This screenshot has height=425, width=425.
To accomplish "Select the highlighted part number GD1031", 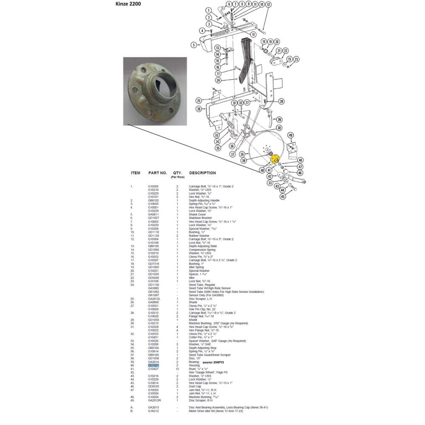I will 153,365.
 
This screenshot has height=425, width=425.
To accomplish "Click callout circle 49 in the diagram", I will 291,135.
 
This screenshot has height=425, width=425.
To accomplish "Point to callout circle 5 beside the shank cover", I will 193,45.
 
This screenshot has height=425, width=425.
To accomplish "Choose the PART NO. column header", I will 158,173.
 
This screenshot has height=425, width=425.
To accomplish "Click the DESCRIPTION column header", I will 202,173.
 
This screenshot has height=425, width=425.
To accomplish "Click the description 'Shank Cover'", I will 198,215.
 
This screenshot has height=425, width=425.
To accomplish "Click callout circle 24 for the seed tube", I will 218,80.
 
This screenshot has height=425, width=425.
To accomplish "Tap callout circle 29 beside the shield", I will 279,119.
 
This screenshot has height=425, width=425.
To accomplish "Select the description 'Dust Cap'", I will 196,386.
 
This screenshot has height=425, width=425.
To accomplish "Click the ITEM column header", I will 136,173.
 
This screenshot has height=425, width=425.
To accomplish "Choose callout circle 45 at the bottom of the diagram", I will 283,196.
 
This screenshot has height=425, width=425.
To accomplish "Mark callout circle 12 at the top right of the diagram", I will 269,5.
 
